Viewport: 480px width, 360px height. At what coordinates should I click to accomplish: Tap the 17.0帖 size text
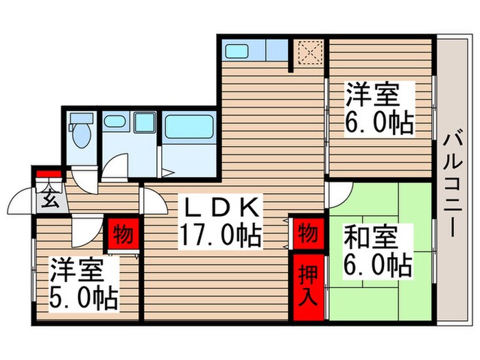[219, 237]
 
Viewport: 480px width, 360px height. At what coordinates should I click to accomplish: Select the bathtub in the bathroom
[190, 128]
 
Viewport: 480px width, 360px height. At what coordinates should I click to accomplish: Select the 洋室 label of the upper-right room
[370, 94]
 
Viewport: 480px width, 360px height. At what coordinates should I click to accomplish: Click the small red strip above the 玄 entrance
[49, 173]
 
